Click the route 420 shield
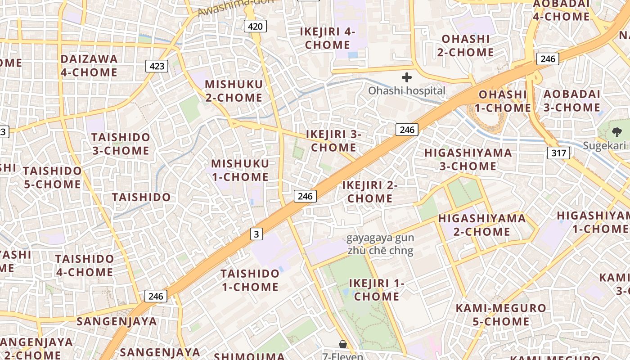point(255,26)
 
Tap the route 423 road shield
point(157,66)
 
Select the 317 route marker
point(559,153)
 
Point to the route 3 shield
point(256,234)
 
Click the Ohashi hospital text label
point(406,91)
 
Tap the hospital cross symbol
point(407,77)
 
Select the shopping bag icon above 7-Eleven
point(343,345)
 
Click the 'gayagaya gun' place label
point(380,238)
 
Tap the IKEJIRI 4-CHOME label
point(328,38)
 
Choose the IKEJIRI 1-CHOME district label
point(377,290)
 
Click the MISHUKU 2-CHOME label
point(234,91)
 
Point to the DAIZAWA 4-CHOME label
point(89,66)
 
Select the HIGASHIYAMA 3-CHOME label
point(468,159)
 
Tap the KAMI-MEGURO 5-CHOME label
point(501,315)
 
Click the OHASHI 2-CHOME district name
point(465,45)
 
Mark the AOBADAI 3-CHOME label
point(572,101)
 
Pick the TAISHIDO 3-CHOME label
point(121,144)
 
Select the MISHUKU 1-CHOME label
point(240,170)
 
